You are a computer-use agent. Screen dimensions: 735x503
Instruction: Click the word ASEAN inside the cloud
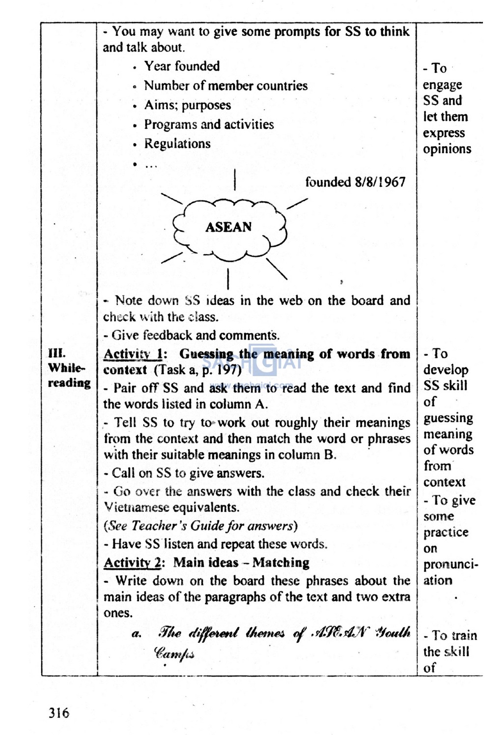click(x=228, y=227)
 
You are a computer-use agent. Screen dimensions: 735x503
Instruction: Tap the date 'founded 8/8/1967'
click(x=355, y=182)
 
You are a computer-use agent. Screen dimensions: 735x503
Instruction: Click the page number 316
click(x=59, y=712)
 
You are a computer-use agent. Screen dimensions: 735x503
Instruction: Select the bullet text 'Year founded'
click(x=182, y=66)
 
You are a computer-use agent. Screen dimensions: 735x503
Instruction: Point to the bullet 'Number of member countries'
click(x=225, y=86)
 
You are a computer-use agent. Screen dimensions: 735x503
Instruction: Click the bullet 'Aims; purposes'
click(x=187, y=105)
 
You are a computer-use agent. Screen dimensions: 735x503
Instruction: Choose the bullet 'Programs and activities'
click(x=209, y=124)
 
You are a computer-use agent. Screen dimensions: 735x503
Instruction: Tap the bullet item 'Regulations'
click(x=177, y=144)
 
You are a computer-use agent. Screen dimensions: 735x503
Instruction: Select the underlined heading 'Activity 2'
click(x=134, y=562)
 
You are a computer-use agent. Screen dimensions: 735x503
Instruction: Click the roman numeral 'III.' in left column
click(x=56, y=353)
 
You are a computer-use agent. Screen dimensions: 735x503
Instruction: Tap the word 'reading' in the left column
click(x=69, y=383)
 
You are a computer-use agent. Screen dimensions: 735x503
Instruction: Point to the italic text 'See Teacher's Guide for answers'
click(x=200, y=526)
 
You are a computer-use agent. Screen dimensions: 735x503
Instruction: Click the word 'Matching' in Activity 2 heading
click(x=281, y=562)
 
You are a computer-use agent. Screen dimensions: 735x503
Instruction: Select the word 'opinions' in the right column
click(x=447, y=149)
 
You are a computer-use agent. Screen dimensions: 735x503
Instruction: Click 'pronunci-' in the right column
click(x=450, y=564)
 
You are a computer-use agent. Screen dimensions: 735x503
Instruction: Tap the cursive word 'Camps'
click(x=174, y=653)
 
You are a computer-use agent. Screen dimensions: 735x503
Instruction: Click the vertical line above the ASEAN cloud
click(x=235, y=179)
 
